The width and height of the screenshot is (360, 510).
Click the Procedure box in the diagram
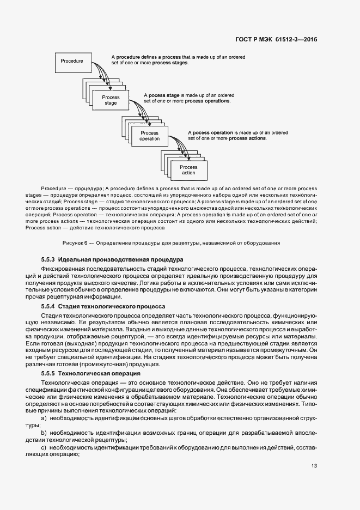point(72,62)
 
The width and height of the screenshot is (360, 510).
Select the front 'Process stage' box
point(111,100)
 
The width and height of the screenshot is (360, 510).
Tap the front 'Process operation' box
point(149,136)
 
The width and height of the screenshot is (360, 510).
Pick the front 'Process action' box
point(188,170)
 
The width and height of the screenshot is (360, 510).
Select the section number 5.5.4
point(47,307)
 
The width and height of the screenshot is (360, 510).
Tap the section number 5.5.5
point(47,373)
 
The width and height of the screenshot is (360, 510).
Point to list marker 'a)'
point(44,417)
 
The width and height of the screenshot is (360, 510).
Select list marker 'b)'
point(44,432)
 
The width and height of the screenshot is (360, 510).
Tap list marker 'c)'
point(44,447)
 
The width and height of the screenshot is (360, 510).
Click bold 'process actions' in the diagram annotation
point(247,138)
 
